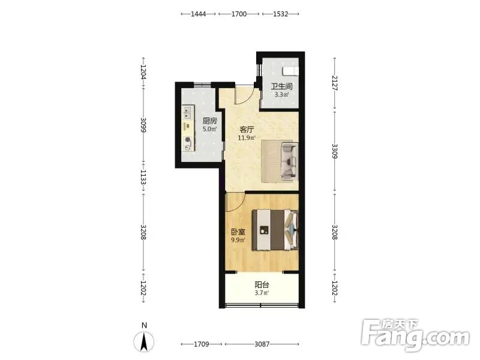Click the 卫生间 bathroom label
(281, 86)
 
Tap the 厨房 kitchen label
(209, 121)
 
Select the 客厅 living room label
(247, 130)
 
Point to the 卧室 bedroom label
(238, 232)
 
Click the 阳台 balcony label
(262, 284)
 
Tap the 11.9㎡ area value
(247, 138)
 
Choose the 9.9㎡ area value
(238, 240)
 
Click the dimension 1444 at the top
(199, 14)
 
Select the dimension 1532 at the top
(280, 14)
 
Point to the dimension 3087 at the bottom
(262, 344)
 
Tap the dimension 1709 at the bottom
(202, 344)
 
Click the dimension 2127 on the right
(335, 83)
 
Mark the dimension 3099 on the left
(143, 125)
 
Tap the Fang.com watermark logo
(415, 335)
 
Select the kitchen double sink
(188, 112)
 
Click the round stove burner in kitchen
(187, 140)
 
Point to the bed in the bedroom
(275, 230)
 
